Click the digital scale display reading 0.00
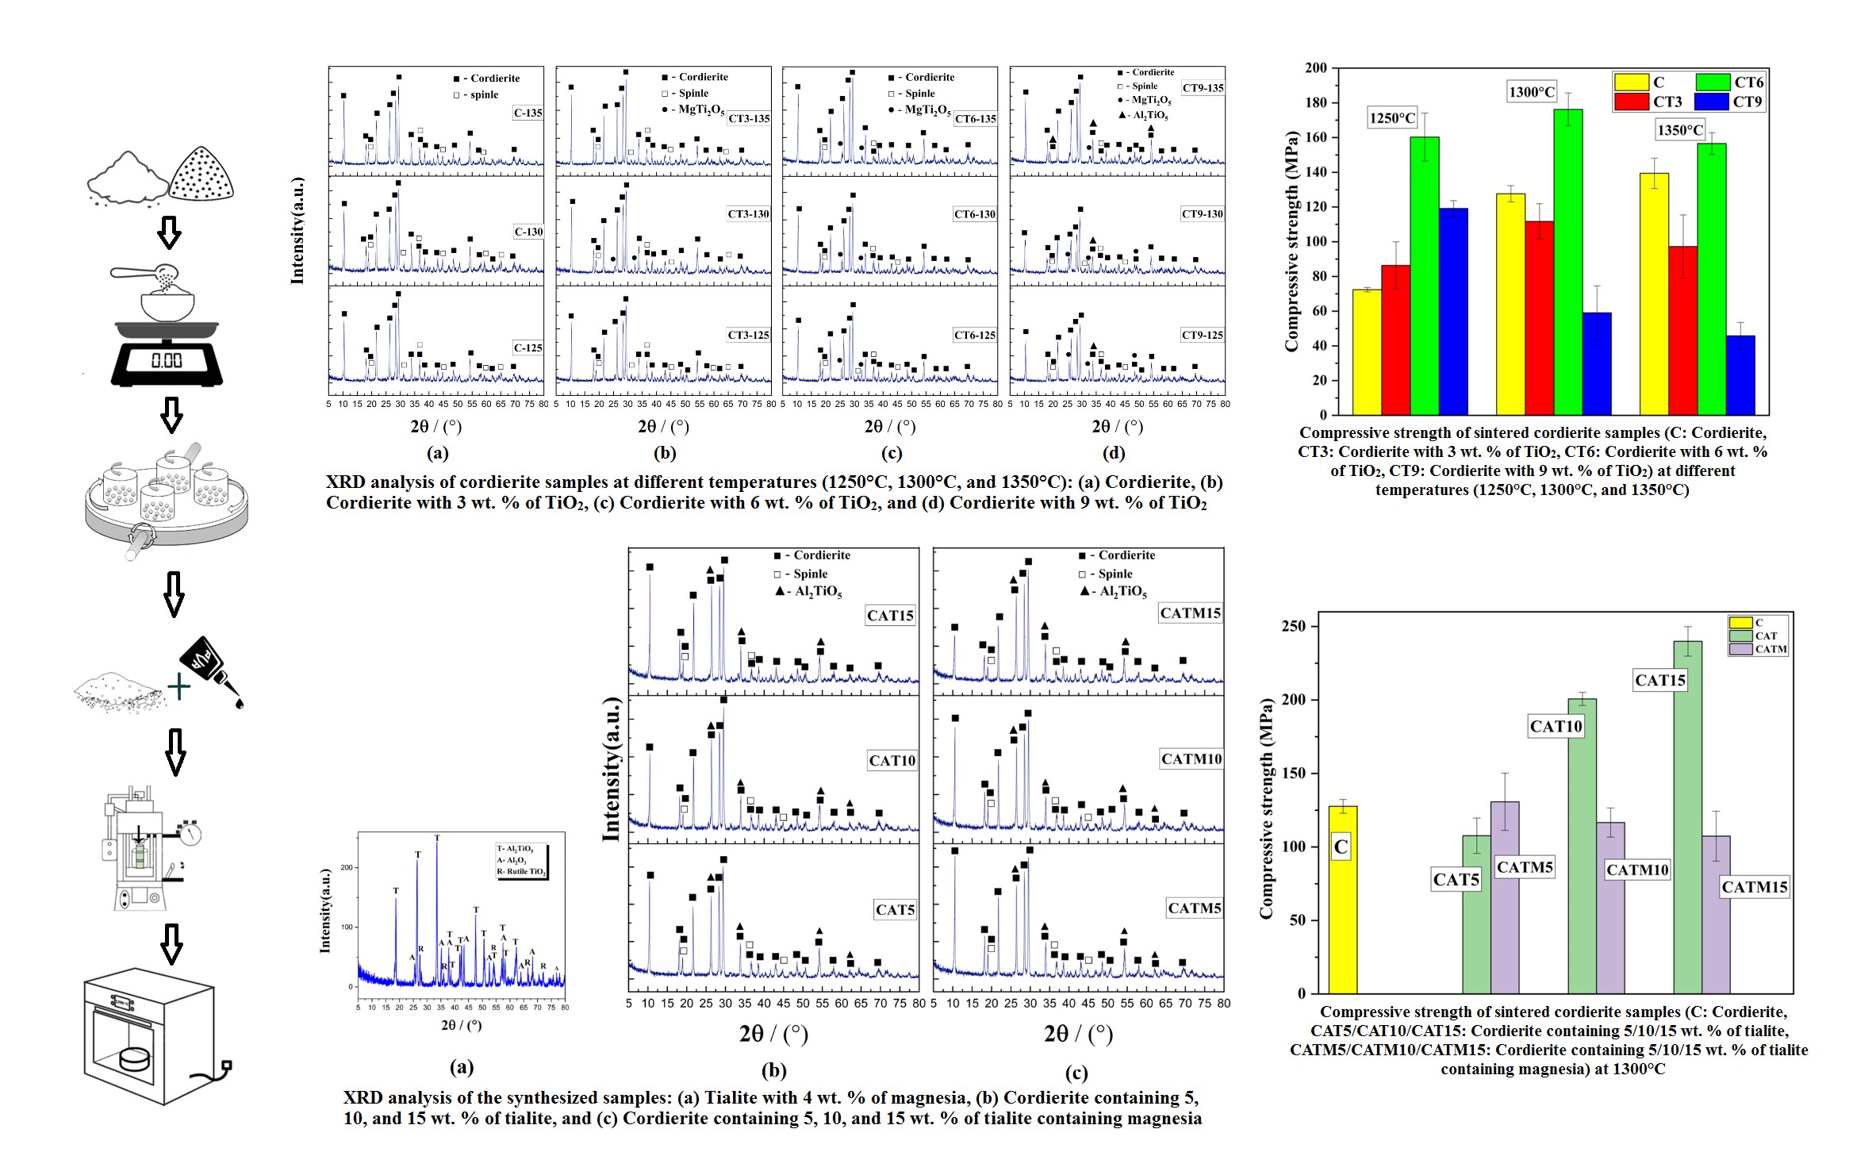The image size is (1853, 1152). click(167, 360)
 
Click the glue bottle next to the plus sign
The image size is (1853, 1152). click(210, 667)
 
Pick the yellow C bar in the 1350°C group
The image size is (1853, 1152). click(1654, 294)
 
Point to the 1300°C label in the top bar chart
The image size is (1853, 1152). click(1532, 92)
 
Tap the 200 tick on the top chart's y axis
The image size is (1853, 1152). click(1316, 68)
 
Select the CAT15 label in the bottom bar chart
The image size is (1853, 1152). click(1660, 680)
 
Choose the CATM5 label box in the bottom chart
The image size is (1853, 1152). click(1524, 867)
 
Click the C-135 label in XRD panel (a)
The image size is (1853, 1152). click(528, 113)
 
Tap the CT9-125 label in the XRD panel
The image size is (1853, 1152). click(1203, 335)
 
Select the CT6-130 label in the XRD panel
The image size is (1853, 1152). click(975, 214)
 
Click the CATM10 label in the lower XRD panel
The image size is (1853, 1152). click(1191, 759)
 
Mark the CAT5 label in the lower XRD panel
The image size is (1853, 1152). click(895, 910)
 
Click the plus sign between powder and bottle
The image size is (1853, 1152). click(179, 687)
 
